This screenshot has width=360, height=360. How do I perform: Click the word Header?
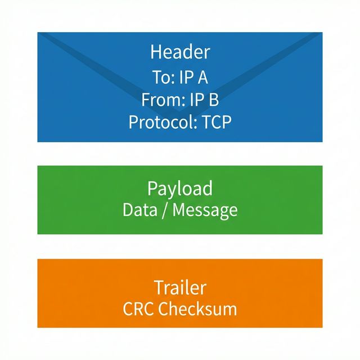[180, 52]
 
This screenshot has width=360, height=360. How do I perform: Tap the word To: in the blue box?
[163, 76]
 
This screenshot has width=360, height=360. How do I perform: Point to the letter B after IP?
[213, 100]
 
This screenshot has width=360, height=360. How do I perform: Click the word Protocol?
[159, 122]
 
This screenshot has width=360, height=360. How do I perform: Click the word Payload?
[180, 188]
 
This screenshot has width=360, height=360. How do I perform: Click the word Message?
[205, 210]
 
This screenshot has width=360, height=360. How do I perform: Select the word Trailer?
[180, 287]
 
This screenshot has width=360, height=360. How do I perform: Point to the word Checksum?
[197, 309]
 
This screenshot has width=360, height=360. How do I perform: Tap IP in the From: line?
[196, 100]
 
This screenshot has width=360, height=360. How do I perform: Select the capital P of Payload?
[152, 188]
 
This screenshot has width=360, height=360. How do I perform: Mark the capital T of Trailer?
[158, 287]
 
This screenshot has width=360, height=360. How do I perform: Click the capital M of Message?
[179, 210]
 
